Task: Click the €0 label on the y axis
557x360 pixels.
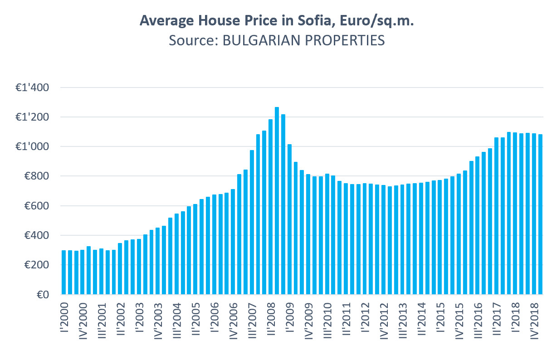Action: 44,295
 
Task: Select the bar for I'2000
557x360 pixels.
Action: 64,272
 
